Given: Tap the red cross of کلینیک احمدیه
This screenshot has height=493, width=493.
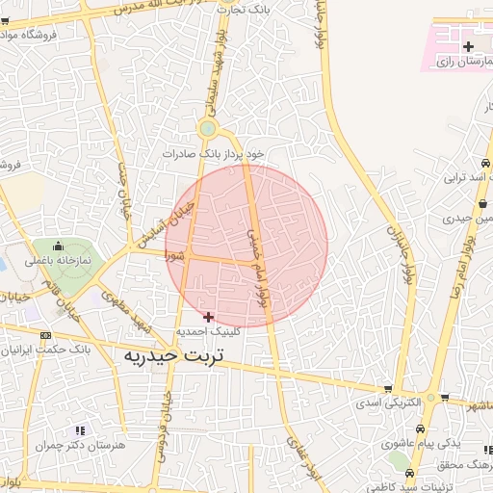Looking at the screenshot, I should (x=209, y=316).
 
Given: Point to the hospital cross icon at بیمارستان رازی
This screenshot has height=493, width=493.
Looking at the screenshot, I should (x=468, y=46).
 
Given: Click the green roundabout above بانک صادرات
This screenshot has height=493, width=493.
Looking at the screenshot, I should (x=208, y=129).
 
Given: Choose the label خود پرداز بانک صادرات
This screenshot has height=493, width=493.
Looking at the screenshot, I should (x=213, y=153).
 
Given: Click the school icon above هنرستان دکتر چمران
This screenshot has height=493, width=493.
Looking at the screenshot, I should (x=80, y=430).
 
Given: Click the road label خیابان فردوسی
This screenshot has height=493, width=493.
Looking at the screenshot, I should (x=165, y=424).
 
